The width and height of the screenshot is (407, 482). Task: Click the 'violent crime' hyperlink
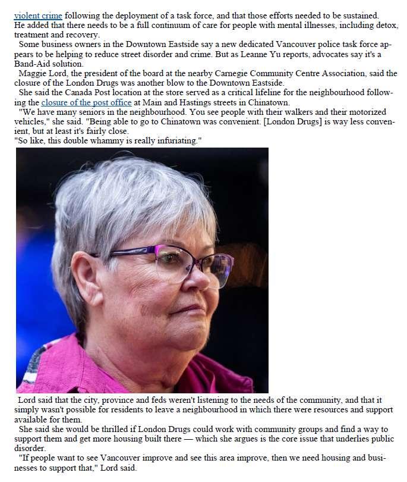[x=38, y=15]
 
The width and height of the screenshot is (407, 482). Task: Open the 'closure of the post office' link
[x=86, y=102]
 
